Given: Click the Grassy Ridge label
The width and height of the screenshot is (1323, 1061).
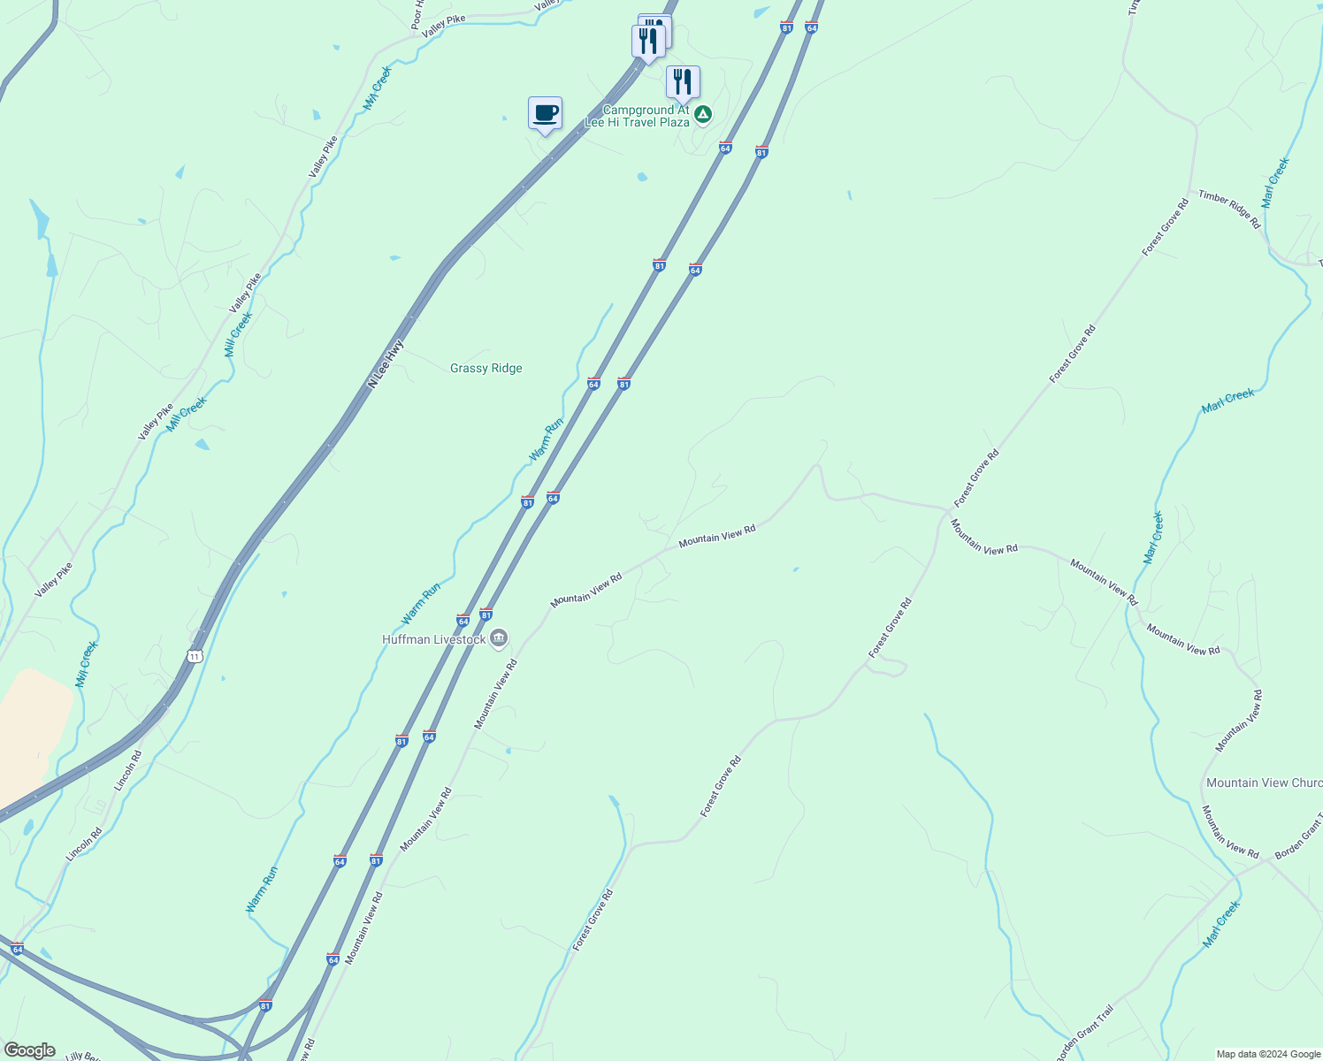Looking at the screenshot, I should tap(486, 368).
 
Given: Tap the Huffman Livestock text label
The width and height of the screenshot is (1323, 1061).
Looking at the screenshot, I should tap(433, 639).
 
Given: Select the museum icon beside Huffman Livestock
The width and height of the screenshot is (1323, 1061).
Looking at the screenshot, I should tap(499, 638).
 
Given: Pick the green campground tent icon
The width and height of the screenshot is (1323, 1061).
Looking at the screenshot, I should tap(702, 114).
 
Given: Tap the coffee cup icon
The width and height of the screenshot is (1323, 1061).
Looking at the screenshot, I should tap(545, 113).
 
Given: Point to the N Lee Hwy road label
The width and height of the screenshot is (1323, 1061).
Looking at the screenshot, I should tap(386, 363).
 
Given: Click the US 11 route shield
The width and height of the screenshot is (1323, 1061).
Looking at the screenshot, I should tap(195, 655).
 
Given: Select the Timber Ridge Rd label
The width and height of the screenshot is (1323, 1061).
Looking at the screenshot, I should tap(1229, 210).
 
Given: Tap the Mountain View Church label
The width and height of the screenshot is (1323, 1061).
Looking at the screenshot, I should tap(1264, 782).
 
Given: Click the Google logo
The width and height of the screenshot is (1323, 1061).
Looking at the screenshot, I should tap(29, 1050).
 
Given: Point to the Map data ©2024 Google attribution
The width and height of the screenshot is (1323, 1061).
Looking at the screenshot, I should tap(1268, 1054).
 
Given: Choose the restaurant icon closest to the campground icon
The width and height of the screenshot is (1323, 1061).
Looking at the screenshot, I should tap(682, 82).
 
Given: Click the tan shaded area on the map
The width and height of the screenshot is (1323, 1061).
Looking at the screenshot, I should tap(32, 725).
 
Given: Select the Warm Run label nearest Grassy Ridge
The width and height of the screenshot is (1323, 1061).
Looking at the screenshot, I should tap(546, 439).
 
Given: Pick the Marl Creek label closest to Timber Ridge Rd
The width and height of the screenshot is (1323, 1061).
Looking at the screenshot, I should tap(1275, 183).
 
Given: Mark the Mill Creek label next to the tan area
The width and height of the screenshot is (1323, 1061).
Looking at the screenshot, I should tap(87, 664).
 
